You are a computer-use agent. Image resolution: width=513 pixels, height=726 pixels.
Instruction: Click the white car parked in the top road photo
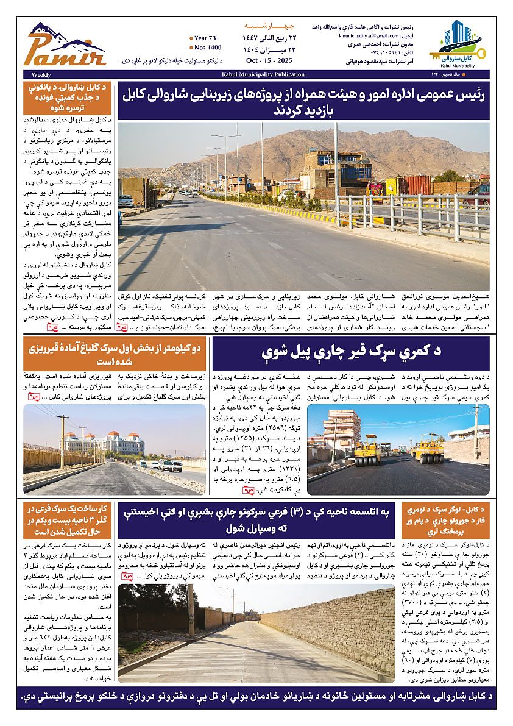pos(126,201)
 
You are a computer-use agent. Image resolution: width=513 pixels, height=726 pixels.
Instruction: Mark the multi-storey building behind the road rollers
pos(342,430)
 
